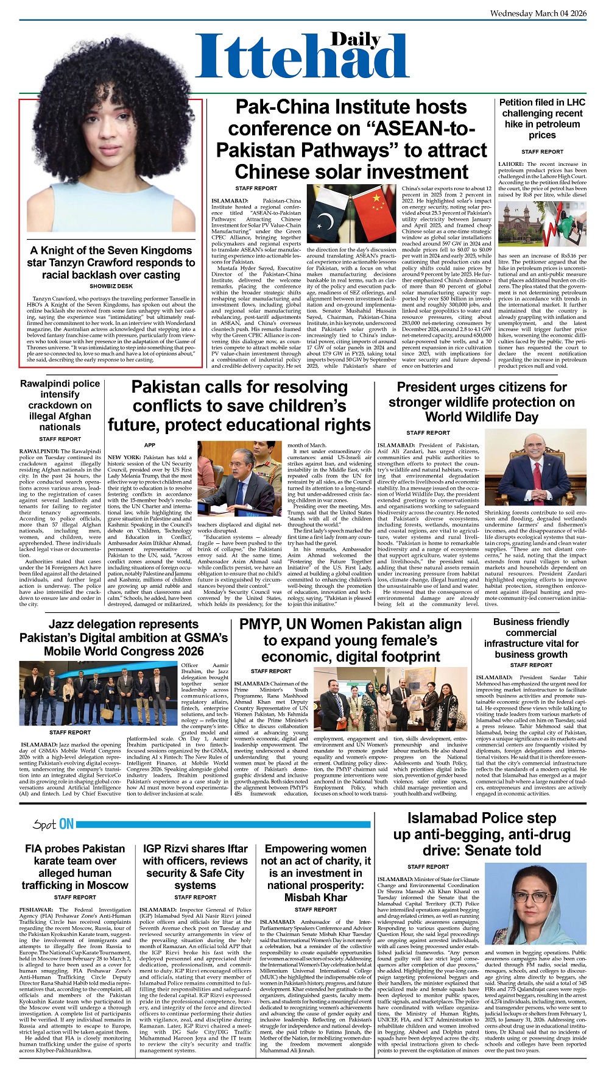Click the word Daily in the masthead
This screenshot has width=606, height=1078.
pyautogui.click(x=356, y=40)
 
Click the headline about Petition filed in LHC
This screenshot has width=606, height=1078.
pyautogui.click(x=542, y=119)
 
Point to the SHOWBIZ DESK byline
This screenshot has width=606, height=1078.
pyautogui.click(x=111, y=286)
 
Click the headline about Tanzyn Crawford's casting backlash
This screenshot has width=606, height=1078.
pyautogui.click(x=111, y=263)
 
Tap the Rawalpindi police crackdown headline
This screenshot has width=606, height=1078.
pyautogui.click(x=60, y=405)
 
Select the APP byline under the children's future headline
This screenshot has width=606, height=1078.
pyautogui.click(x=149, y=445)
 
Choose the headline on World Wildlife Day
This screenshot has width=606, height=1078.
pyautogui.click(x=481, y=402)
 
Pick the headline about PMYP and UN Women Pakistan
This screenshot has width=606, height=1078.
pyautogui.click(x=350, y=640)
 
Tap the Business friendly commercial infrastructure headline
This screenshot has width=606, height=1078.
pyautogui.click(x=531, y=638)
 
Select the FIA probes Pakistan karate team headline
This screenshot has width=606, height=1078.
pyautogui.click(x=75, y=866)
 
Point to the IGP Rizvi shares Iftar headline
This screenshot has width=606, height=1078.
pyautogui.click(x=195, y=866)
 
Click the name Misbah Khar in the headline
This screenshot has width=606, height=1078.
pyautogui.click(x=315, y=898)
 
